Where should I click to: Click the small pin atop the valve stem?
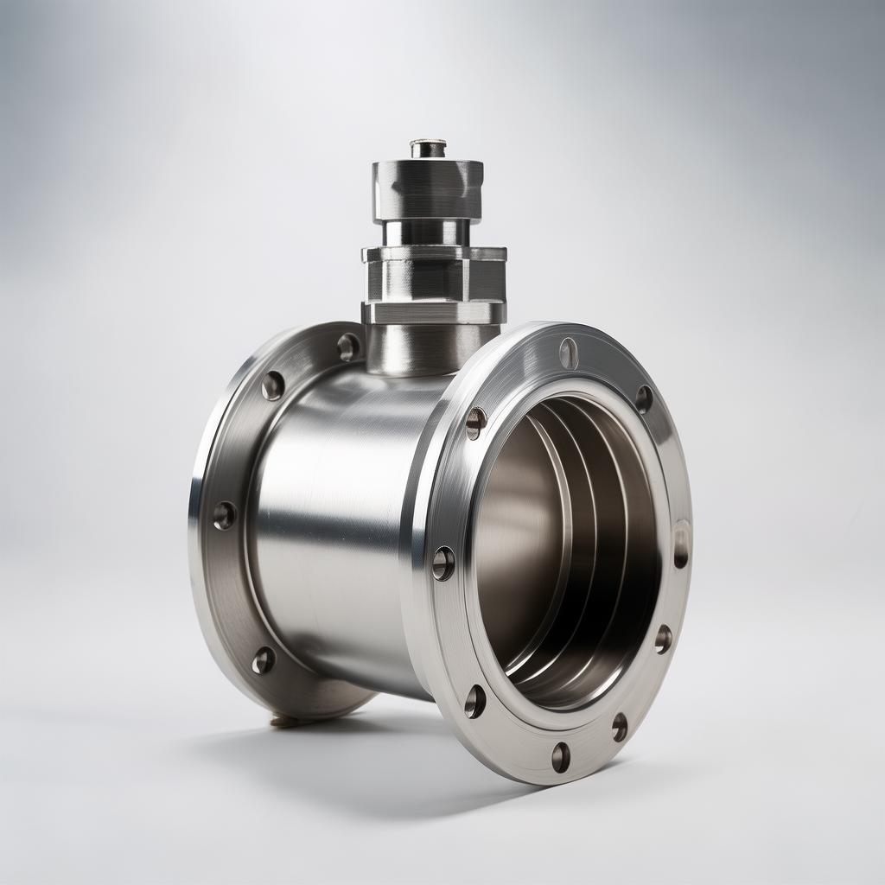pyautogui.click(x=428, y=148)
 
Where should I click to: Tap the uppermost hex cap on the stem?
pyautogui.click(x=427, y=188)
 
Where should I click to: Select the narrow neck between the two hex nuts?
pyautogui.click(x=427, y=232)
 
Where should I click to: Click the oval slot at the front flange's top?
pyautogui.click(x=568, y=353)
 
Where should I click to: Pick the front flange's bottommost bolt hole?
pyautogui.click(x=561, y=757)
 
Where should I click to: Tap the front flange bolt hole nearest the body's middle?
pyautogui.click(x=443, y=563)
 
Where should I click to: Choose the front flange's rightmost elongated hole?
pyautogui.click(x=681, y=544)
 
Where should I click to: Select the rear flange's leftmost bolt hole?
pyautogui.click(x=224, y=516)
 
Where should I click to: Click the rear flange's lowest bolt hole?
pyautogui.click(x=263, y=661)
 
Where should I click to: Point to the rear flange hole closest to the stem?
pyautogui.click(x=348, y=347)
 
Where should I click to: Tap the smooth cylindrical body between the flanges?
pyautogui.click(x=346, y=519)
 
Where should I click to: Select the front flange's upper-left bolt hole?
pyautogui.click(x=475, y=423)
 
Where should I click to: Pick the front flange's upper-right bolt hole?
pyautogui.click(x=644, y=398)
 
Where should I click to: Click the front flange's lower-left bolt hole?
pyautogui.click(x=474, y=701)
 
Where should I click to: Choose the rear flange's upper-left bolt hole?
pyautogui.click(x=272, y=385)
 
